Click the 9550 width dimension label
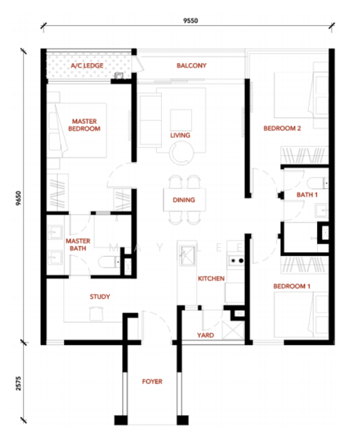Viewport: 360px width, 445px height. [190, 21]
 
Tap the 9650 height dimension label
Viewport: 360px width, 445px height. [19, 198]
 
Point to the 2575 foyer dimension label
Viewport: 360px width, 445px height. [19, 383]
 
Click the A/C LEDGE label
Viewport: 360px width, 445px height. [87, 65]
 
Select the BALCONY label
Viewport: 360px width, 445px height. [192, 65]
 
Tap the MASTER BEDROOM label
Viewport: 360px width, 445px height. [85, 125]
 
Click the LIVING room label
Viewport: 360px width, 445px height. [180, 136]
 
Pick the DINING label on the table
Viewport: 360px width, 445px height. [184, 200]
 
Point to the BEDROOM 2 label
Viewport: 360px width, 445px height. [282, 128]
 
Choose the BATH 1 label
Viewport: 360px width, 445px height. [307, 194]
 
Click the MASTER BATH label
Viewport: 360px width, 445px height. [78, 245]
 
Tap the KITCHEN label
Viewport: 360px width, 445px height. [211, 278]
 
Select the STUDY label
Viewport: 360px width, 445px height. [99, 297]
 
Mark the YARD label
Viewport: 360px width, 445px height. [206, 335]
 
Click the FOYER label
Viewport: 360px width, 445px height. [152, 381]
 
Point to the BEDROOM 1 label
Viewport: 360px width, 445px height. [292, 286]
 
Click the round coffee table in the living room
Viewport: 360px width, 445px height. [182, 153]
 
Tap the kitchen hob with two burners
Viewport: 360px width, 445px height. [236, 260]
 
